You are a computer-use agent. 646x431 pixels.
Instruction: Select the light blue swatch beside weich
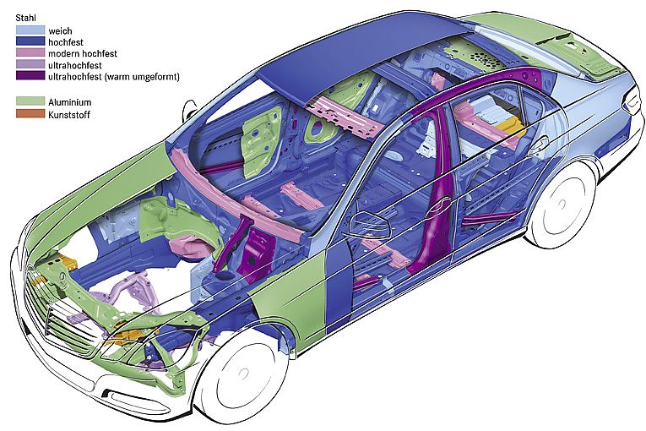pyautogui.click(x=30, y=30)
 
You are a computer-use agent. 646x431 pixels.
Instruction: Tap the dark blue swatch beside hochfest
pyautogui.click(x=30, y=41)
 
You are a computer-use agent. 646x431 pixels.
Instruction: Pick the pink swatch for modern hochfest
pyautogui.click(x=30, y=53)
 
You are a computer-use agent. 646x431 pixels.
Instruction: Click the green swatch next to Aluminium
pyautogui.click(x=30, y=101)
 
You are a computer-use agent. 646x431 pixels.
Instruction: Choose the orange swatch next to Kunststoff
pyautogui.click(x=30, y=112)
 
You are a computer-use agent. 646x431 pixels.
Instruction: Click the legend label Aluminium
pyautogui.click(x=70, y=101)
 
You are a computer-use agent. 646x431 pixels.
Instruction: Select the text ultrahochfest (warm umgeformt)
pyautogui.click(x=115, y=77)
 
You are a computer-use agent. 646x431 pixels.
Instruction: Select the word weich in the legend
pyautogui.click(x=60, y=30)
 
